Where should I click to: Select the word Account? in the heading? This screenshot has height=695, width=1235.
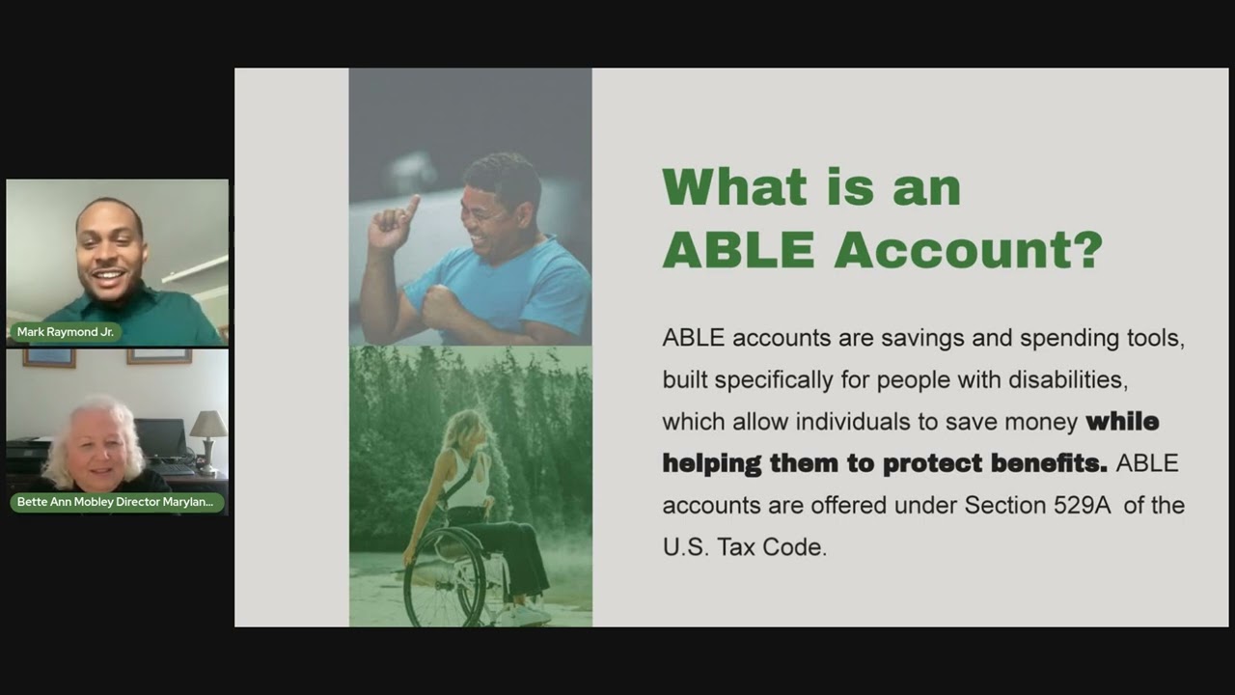(968, 249)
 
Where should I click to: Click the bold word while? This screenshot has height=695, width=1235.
(1122, 422)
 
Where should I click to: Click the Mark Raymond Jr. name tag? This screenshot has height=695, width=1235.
(66, 332)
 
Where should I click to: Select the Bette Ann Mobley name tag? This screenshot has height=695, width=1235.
(116, 502)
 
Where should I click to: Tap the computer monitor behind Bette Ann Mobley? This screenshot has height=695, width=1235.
(159, 438)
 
